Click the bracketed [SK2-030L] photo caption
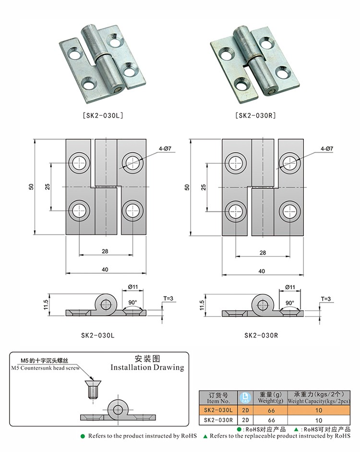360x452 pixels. coord(104,115)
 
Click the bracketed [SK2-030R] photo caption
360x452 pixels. coord(255,115)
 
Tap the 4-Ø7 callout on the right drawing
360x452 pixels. coord(327,149)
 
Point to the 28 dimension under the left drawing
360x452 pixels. coord(105,251)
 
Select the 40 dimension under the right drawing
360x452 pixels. coord(262,270)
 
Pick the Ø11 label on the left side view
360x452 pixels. coord(133,287)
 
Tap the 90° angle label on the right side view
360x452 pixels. coord(289,303)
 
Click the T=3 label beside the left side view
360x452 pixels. coord(169,298)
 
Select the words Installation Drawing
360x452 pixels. coord(147,367)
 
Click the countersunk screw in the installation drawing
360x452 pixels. coord(92,388)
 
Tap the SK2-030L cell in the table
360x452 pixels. coord(218,410)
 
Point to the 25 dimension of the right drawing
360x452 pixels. coord(204,186)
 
